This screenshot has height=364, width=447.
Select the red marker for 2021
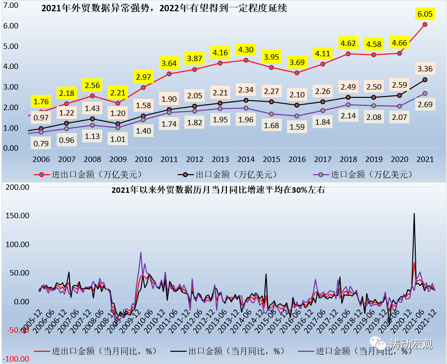(425, 24)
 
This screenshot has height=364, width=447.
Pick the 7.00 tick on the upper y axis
(11, 5)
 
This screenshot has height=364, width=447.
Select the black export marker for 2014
(246, 100)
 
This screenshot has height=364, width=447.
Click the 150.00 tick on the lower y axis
(16, 216)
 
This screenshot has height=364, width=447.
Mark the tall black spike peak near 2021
(414, 213)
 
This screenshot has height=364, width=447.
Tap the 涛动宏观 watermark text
(411, 345)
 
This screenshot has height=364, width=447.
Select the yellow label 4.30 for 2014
(246, 49)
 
